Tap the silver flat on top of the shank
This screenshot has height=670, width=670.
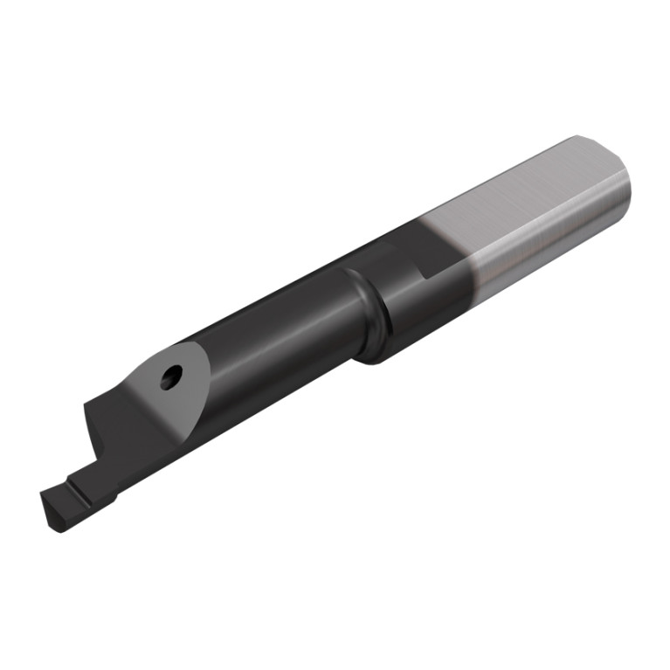tap(515, 192)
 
